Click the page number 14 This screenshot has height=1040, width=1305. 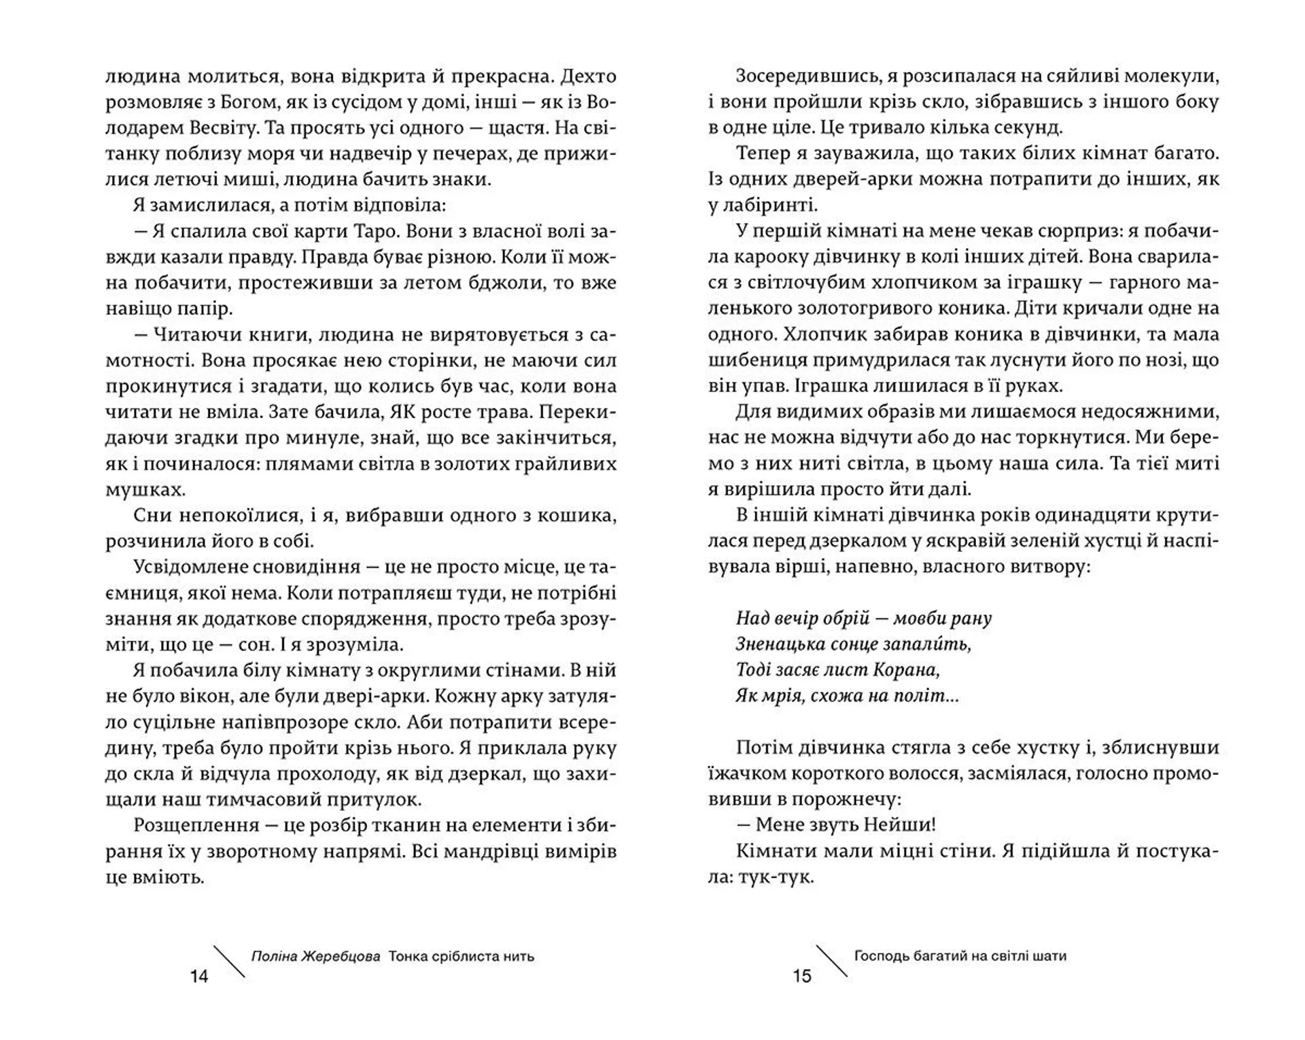pyautogui.click(x=199, y=976)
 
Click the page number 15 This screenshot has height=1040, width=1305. pyautogui.click(x=802, y=976)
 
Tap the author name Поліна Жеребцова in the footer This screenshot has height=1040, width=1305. pyautogui.click(x=315, y=956)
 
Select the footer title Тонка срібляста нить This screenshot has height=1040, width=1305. pyautogui.click(x=462, y=956)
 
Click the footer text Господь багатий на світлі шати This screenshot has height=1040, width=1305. pyautogui.click(x=960, y=956)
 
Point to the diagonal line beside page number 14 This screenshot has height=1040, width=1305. pyautogui.click(x=229, y=961)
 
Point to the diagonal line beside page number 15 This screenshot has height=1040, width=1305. pyautogui.click(x=831, y=961)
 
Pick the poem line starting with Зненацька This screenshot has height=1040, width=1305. pyautogui.click(x=853, y=644)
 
